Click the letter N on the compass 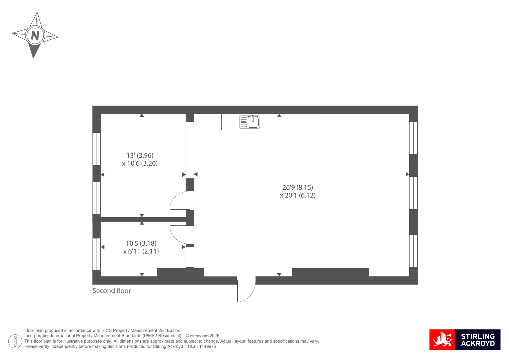tap(35, 35)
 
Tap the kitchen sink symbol tap(249, 122)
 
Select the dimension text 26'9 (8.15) tap(298, 187)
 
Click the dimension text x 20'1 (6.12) tap(298, 195)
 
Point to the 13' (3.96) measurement tap(140, 155)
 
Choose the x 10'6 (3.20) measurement tap(140, 163)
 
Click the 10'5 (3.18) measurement tap(141, 243)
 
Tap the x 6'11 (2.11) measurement tap(141, 251)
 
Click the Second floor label tap(112, 291)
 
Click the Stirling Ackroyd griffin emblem tap(442, 340)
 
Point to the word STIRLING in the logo tap(478, 336)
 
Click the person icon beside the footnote tap(15, 341)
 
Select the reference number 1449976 tap(207, 346)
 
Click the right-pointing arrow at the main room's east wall tap(407, 174)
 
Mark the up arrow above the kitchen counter tap(279, 116)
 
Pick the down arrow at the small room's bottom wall tap(142, 274)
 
